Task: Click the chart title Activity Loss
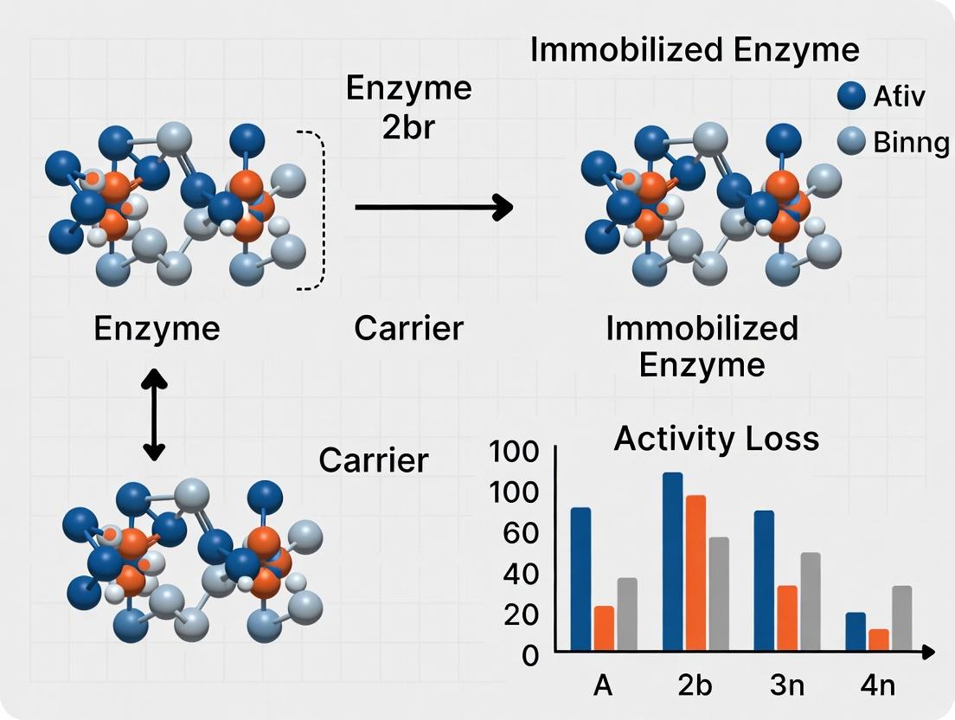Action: (x=715, y=439)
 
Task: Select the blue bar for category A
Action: (x=580, y=578)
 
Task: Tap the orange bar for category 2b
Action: (x=695, y=572)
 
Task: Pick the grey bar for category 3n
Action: (x=811, y=601)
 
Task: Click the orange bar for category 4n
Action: (x=879, y=640)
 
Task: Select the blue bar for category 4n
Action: (x=856, y=631)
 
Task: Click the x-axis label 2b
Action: (x=695, y=685)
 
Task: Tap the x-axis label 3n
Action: (x=786, y=685)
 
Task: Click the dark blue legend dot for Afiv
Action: (x=852, y=96)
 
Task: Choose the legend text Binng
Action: (x=910, y=142)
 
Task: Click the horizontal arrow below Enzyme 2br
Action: (x=433, y=207)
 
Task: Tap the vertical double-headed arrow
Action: (x=154, y=414)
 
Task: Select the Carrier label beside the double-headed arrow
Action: (x=374, y=460)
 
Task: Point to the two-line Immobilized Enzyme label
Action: (x=702, y=346)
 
